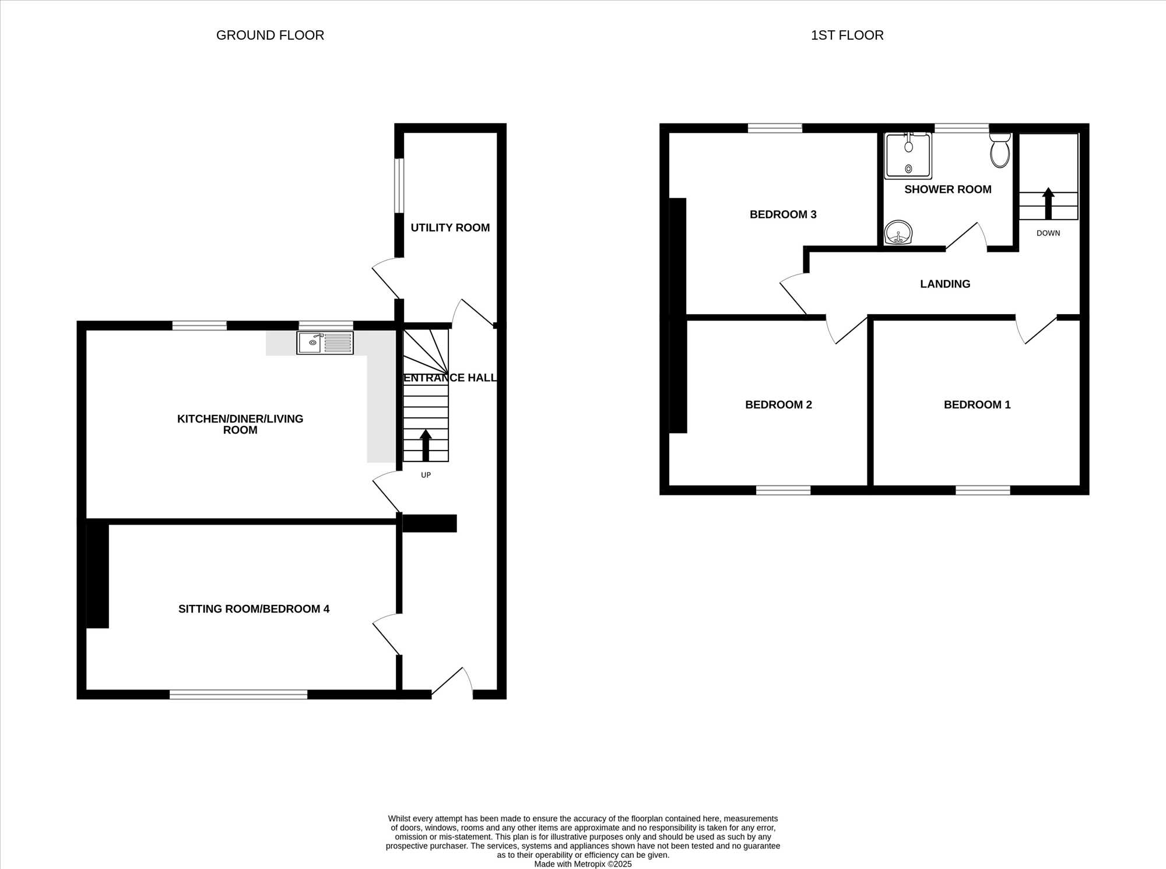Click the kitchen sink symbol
tap(325, 343)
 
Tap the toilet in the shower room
tap(1000, 150)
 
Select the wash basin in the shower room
tap(898, 233)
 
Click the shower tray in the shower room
tap(908, 156)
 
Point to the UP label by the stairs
tap(426, 475)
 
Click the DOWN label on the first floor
tap(1048, 233)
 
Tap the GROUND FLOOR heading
tap(270, 35)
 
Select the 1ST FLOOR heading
tap(847, 35)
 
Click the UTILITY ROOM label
tap(450, 228)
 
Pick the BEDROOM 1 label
tap(977, 404)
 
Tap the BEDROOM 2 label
tap(778, 404)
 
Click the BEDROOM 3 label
tap(783, 214)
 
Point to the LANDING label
tap(945, 284)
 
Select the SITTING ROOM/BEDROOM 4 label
tap(254, 609)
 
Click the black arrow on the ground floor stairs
tap(426, 446)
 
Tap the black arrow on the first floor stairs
tap(1048, 203)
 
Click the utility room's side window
tap(399, 186)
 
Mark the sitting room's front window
tap(238, 694)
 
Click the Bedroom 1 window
tap(983, 490)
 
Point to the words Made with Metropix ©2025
tap(583, 864)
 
